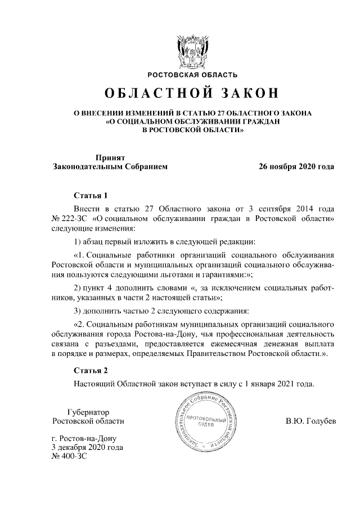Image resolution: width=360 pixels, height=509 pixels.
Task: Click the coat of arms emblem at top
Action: pos(192,51)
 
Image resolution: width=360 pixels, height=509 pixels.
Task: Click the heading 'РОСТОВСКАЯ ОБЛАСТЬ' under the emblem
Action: pos(192,74)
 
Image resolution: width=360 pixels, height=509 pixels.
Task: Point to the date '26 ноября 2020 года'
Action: pos(296,166)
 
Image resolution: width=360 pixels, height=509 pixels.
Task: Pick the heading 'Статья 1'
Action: pos(91,196)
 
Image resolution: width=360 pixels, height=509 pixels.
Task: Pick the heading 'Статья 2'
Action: pos(91,370)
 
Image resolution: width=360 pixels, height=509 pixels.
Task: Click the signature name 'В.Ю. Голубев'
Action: pos(310,421)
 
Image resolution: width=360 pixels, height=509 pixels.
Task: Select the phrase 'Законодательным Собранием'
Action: pos(110,166)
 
